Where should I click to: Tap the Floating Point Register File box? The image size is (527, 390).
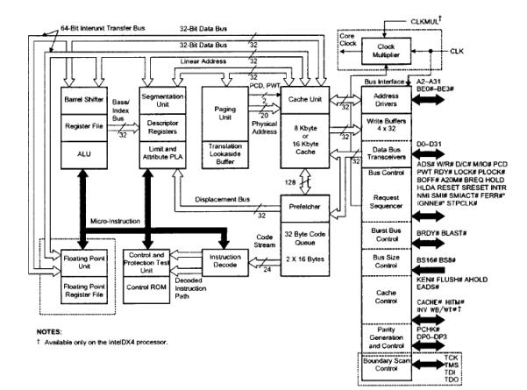click(x=83, y=290)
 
